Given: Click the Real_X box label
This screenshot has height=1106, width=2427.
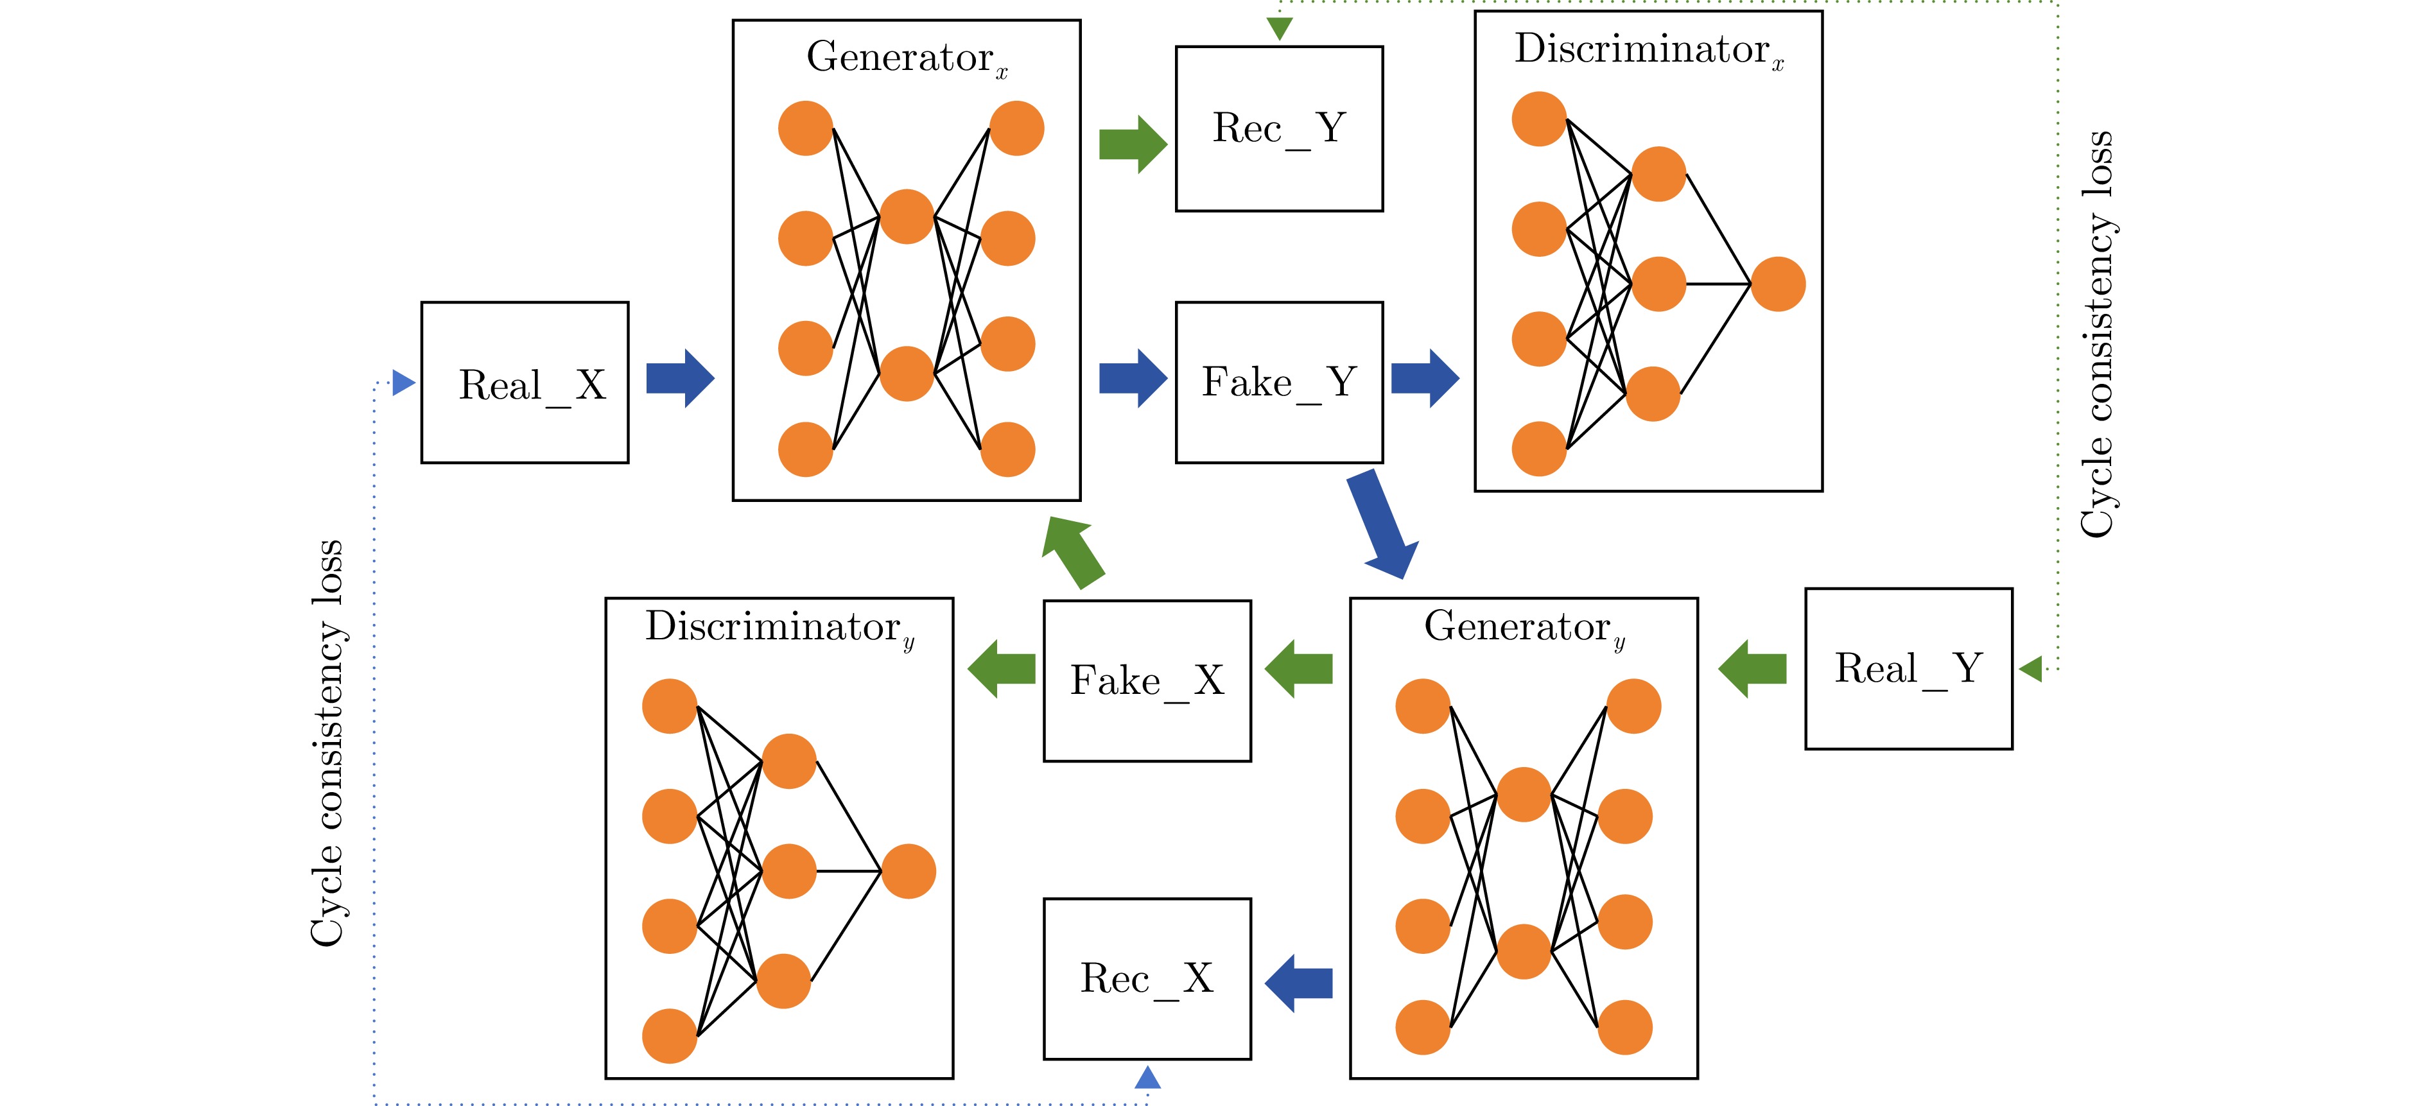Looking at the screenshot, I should tap(532, 385).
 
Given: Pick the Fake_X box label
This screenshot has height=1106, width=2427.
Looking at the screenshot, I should tap(1147, 680).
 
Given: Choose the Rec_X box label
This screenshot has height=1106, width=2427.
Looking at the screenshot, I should tap(1147, 978).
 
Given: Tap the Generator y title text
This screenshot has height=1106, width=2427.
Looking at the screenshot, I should tap(1524, 626).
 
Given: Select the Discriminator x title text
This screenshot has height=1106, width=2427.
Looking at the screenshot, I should tap(1648, 49).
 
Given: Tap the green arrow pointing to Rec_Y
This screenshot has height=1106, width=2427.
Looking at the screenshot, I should tap(1133, 144).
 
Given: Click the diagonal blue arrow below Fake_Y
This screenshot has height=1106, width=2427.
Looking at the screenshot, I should tap(1382, 524).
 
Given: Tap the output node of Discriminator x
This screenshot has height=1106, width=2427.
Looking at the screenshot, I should tap(1778, 284).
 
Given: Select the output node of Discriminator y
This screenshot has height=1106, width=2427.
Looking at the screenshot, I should tap(909, 872).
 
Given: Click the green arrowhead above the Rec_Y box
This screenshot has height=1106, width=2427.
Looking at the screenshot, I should tap(1280, 29).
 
